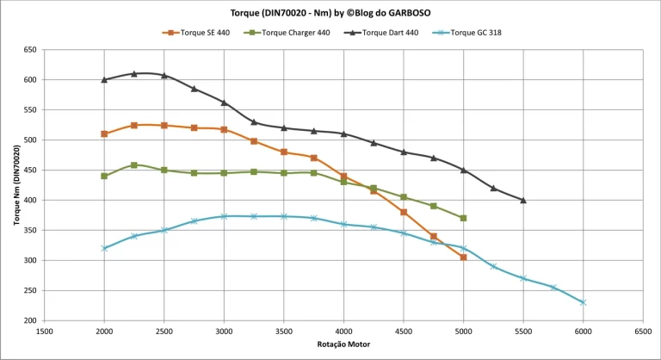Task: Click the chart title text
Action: point(330,13)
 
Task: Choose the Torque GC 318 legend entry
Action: point(475,33)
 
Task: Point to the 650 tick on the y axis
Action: point(29,50)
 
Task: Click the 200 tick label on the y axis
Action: point(29,320)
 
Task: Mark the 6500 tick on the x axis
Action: point(642,331)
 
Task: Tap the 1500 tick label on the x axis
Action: point(45,331)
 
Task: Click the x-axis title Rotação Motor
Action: point(343,345)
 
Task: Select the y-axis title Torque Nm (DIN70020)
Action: point(16,185)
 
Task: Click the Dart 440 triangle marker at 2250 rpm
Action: point(134,74)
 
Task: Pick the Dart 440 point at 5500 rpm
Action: point(523,200)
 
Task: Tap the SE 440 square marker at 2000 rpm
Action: point(104,133)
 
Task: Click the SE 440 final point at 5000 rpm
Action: point(463,258)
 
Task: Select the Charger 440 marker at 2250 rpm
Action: point(134,164)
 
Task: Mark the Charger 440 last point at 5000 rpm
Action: point(463,218)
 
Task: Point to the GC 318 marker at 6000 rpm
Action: point(583,302)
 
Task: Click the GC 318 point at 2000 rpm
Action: point(104,248)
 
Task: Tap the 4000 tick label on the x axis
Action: point(343,331)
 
